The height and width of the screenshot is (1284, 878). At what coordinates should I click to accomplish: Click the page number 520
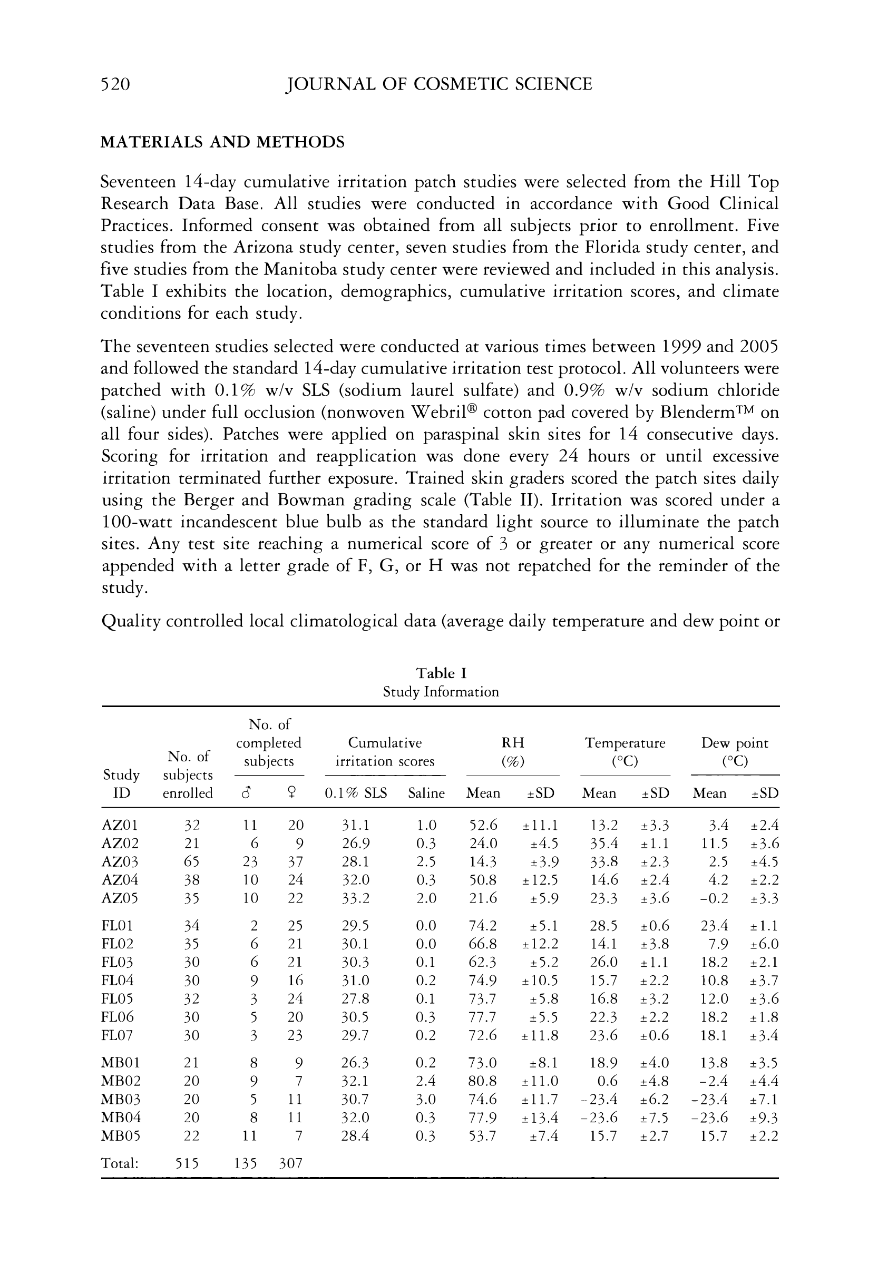[115, 84]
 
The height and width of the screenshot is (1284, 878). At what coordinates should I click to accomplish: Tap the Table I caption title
[441, 673]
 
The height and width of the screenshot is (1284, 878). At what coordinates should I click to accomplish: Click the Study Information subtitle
[441, 692]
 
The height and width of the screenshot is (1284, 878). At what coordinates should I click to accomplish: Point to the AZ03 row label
[120, 862]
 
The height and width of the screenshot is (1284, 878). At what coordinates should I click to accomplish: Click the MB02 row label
[121, 1081]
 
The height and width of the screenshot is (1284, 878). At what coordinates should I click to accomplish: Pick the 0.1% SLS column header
[356, 793]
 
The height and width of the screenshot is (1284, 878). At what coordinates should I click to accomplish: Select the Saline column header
[426, 793]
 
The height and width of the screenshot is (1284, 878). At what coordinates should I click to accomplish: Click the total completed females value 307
[290, 1163]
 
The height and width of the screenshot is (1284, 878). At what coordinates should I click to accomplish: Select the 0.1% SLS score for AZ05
[355, 898]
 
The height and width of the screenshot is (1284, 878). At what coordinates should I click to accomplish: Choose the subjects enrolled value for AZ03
[191, 862]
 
